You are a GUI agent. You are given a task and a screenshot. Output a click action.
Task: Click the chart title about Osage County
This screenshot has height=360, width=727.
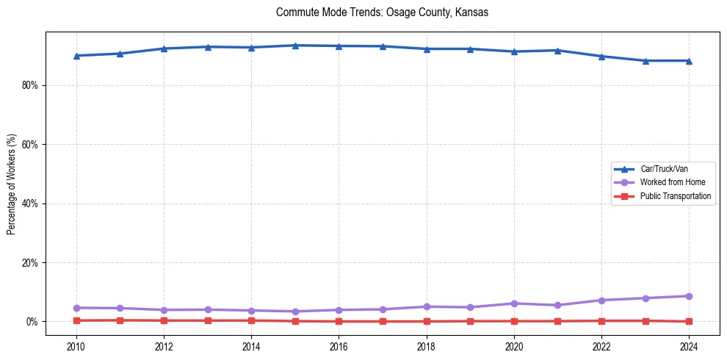click(x=382, y=12)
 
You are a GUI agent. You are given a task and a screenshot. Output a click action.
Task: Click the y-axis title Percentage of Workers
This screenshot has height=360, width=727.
click(x=12, y=184)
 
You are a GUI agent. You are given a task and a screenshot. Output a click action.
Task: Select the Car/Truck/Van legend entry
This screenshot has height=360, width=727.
click(x=664, y=169)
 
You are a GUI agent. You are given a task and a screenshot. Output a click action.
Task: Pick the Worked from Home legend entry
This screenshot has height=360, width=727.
click(x=668, y=182)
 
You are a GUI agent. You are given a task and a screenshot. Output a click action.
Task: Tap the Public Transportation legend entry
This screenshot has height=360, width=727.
click(x=675, y=196)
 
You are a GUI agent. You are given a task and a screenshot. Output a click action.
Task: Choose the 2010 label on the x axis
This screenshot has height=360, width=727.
click(x=76, y=345)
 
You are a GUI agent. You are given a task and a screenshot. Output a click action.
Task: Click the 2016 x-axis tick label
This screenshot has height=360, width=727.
click(x=339, y=345)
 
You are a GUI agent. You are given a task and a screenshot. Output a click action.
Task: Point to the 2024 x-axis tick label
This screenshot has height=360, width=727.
click(x=689, y=345)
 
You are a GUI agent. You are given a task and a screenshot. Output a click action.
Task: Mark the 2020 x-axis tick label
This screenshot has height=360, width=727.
click(x=514, y=345)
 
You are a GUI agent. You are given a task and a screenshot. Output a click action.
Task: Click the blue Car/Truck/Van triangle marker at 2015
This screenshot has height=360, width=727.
click(x=295, y=46)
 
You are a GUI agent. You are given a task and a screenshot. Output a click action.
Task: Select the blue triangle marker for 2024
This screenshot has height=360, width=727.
click(x=689, y=61)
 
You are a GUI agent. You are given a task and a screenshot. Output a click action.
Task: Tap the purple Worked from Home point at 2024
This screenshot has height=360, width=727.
click(x=689, y=296)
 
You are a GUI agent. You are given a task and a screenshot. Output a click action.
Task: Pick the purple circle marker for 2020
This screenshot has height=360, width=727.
click(x=514, y=303)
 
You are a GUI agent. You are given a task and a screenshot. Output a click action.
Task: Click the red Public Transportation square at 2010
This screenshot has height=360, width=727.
click(x=76, y=320)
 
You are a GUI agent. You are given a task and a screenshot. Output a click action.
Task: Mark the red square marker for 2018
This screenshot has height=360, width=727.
click(x=427, y=321)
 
